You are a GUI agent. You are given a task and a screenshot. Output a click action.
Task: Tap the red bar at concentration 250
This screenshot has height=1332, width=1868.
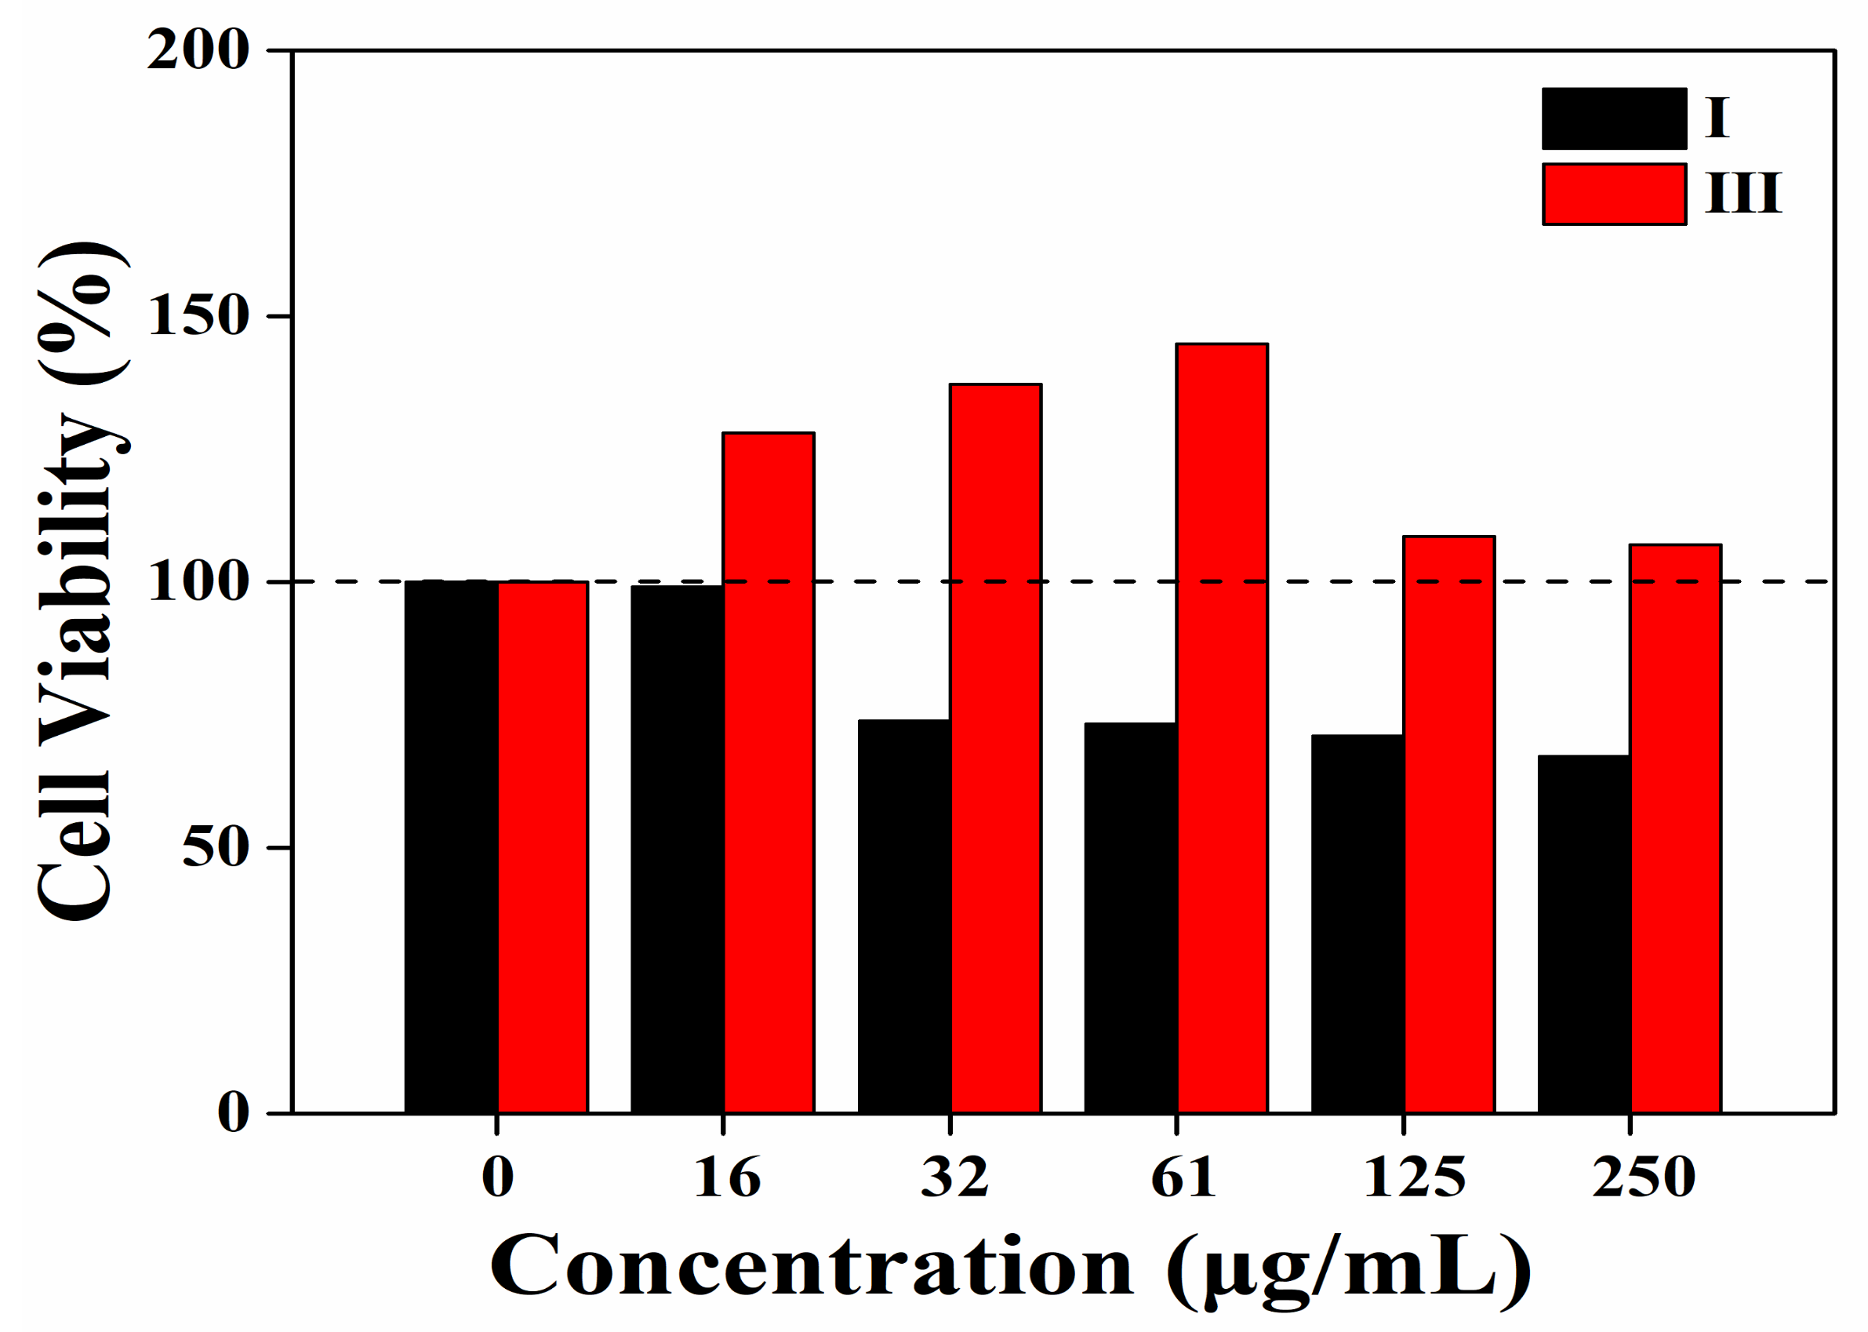(x=1675, y=828)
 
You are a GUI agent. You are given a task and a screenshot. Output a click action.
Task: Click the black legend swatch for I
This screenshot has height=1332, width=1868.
(x=1613, y=119)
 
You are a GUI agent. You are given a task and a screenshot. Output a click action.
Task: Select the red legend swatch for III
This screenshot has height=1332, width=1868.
(x=1613, y=195)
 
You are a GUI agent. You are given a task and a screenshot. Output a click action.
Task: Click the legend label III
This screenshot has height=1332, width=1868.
(x=1743, y=195)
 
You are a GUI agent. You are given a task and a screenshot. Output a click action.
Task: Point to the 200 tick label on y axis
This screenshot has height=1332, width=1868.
(x=198, y=51)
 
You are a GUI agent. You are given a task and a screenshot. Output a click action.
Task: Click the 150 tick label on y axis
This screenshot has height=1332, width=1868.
(x=198, y=317)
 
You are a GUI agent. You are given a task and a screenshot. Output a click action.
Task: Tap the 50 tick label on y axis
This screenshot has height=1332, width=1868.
(x=215, y=848)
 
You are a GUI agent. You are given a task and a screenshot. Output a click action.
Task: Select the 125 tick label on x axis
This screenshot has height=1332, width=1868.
(x=1414, y=1177)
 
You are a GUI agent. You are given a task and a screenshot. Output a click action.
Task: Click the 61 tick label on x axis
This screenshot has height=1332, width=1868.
(x=1183, y=1177)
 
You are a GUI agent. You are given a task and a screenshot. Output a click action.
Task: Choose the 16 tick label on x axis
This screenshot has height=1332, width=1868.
(x=727, y=1177)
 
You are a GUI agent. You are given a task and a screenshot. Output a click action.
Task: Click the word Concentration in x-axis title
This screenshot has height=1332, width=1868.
(x=812, y=1268)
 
